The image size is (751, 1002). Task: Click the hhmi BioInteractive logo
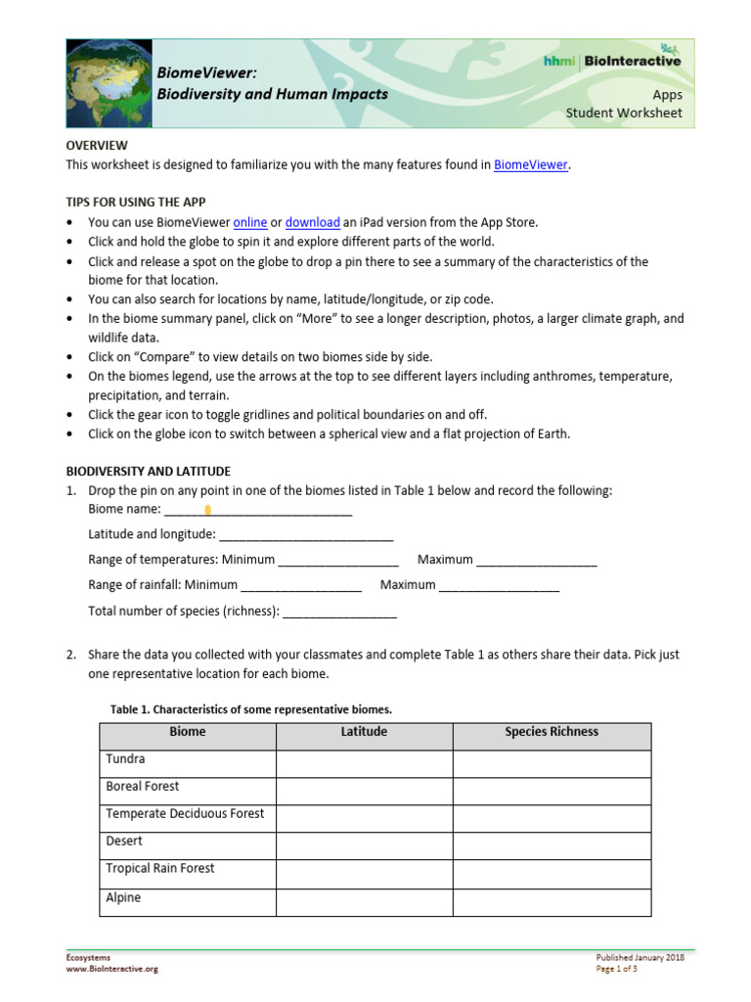(613, 61)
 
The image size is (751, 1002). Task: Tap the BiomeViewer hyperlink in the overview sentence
(530, 164)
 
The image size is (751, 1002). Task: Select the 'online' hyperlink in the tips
(250, 222)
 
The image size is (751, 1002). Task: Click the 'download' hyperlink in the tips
(313, 222)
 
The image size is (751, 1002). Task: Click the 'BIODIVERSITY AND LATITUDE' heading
(148, 471)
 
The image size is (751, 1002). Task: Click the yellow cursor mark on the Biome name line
(208, 510)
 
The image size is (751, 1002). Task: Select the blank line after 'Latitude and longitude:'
(306, 534)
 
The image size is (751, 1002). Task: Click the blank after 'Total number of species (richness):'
(339, 611)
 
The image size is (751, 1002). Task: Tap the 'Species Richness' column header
(552, 732)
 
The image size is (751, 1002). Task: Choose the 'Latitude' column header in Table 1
(364, 732)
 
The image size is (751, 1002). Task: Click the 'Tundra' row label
(124, 759)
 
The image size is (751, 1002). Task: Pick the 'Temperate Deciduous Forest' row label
(185, 814)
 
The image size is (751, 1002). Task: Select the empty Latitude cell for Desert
(364, 842)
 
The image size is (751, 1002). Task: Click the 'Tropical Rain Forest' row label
(159, 869)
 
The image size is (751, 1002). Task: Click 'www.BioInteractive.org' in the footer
(111, 969)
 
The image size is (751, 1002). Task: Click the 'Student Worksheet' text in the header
(624, 113)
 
